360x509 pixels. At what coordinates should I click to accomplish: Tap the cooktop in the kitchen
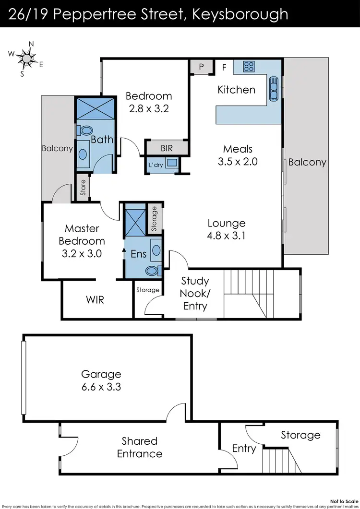click(x=249, y=67)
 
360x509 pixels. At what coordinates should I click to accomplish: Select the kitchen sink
click(x=274, y=89)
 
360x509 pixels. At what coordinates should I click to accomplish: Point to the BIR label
click(x=167, y=148)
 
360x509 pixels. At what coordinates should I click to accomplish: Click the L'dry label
click(x=156, y=165)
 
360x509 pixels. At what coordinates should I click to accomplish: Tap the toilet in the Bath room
click(x=86, y=130)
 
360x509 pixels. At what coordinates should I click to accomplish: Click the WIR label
click(x=95, y=300)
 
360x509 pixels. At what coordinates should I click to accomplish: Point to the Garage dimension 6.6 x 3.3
click(x=101, y=386)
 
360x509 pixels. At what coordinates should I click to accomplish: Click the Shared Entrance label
click(x=139, y=447)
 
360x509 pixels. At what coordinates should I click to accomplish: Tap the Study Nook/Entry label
click(x=195, y=293)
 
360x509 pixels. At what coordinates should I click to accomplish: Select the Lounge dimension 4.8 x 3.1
click(x=227, y=236)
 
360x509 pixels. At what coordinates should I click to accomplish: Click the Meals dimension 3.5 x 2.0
click(x=238, y=162)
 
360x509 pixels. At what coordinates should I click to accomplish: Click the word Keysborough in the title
click(x=240, y=13)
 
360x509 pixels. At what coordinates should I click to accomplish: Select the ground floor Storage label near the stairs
click(x=300, y=435)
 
